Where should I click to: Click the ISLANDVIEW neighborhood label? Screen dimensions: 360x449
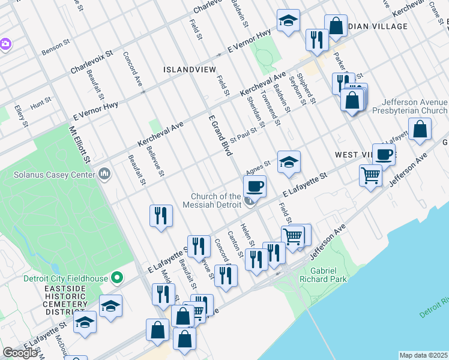[189, 70]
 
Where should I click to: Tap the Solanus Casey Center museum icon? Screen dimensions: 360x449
[105, 175]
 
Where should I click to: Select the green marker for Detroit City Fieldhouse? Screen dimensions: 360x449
[117, 278]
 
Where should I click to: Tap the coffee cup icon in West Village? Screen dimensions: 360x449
[384, 154]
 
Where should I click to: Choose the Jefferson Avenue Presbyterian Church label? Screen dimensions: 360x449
[410, 106]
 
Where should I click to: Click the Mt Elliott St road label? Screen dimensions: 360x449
[79, 143]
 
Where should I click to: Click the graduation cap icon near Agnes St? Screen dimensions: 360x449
[289, 161]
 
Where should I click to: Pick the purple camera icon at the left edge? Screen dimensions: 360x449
[5, 44]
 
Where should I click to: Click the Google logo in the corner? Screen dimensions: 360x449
[20, 353]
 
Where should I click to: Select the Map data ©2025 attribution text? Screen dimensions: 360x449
[423, 355]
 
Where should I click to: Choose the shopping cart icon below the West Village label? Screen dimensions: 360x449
[371, 176]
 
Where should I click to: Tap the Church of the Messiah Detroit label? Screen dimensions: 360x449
[216, 201]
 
